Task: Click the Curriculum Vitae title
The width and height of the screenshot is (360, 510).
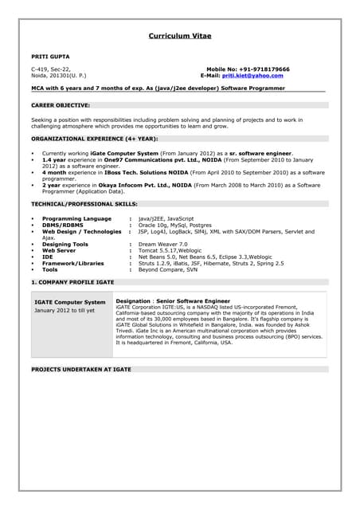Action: pyautogui.click(x=180, y=36)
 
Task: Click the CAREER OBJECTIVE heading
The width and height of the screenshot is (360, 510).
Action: pyautogui.click(x=61, y=104)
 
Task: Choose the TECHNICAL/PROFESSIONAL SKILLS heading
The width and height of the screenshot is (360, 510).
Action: pyautogui.click(x=84, y=204)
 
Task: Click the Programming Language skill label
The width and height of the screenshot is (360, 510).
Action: pyautogui.click(x=76, y=218)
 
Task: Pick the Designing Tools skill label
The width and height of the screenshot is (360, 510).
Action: pyautogui.click(x=65, y=244)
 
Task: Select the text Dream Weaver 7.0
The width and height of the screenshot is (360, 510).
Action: pyautogui.click(x=162, y=244)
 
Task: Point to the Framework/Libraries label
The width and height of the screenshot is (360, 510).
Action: pyautogui.click(x=72, y=263)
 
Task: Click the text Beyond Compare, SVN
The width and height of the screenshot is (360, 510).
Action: pyautogui.click(x=167, y=269)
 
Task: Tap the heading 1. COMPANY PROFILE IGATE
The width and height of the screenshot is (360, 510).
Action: pyautogui.click(x=72, y=283)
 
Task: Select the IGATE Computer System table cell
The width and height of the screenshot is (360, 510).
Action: pyautogui.click(x=70, y=303)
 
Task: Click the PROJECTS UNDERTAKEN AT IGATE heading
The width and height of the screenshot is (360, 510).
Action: pyautogui.click(x=81, y=371)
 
